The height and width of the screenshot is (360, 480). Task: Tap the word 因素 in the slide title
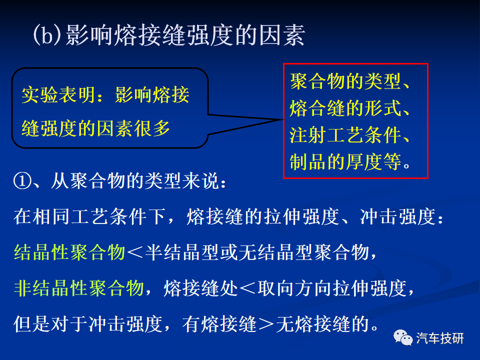pos(282,35)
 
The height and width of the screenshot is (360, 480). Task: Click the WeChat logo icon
pos(403,338)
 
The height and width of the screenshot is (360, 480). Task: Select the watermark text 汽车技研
pos(440,338)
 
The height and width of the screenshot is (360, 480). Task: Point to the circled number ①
pos(22,181)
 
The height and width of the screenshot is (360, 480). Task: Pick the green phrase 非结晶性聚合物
pos(79,288)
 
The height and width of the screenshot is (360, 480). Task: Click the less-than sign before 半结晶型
pos(135,253)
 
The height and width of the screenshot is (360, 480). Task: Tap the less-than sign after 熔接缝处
pos(247,288)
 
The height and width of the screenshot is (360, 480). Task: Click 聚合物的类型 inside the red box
pos(345,81)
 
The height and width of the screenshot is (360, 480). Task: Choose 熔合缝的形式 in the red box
pos(345,108)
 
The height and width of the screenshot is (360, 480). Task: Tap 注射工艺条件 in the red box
pos(345,135)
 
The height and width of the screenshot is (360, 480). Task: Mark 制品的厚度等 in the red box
pos(345,161)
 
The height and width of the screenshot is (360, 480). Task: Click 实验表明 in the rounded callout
pos(58,95)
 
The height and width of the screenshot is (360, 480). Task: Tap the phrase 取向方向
pos(294,288)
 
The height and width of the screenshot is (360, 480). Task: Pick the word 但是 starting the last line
pos(32,324)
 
